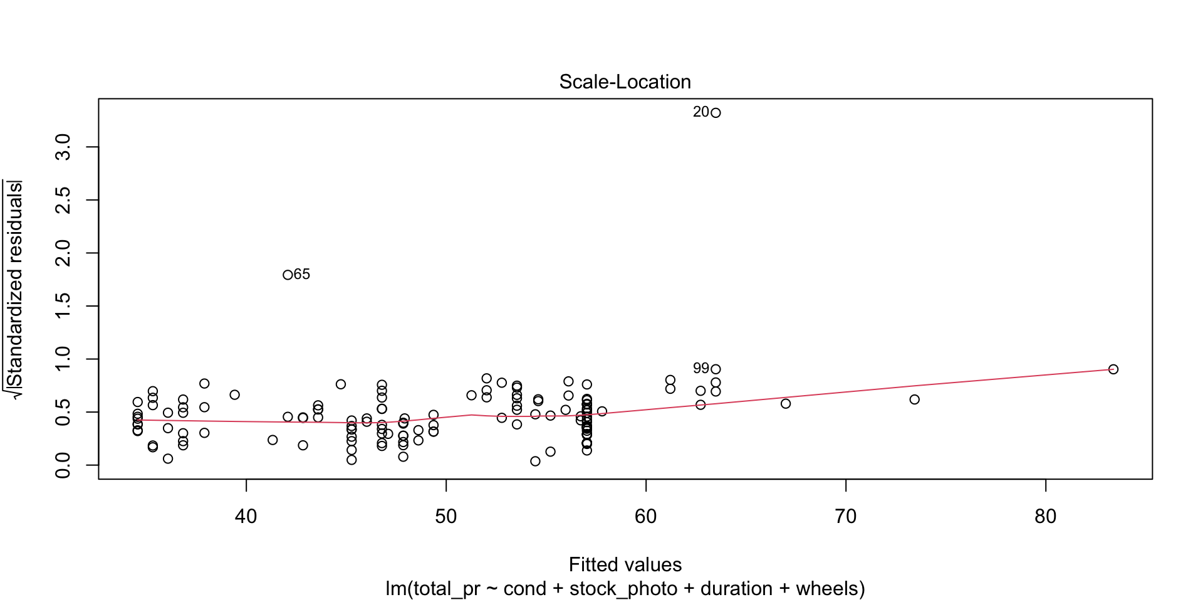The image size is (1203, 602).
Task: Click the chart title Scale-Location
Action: tap(625, 82)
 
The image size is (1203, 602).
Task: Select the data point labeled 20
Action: tap(716, 113)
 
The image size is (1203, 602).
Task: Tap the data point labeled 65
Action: tap(288, 275)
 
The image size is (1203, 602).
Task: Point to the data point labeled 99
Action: tap(716, 369)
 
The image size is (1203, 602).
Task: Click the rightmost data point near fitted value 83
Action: tap(1113, 369)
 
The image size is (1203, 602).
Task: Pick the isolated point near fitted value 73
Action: tap(914, 399)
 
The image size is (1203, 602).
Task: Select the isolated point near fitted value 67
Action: tap(786, 404)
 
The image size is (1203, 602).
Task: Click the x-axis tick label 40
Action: tap(246, 517)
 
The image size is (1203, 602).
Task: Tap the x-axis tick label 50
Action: tap(446, 517)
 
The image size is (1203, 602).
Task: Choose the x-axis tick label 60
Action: tap(646, 517)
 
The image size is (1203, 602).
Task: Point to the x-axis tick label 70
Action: tap(846, 517)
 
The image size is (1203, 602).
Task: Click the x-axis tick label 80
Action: tap(1046, 517)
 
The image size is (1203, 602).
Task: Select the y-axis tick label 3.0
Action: tap(63, 147)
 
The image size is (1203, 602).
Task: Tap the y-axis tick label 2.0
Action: tap(63, 253)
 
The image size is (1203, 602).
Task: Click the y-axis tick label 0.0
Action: tap(63, 465)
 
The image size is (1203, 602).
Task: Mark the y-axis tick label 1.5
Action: tap(63, 306)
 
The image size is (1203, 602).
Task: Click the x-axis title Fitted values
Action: tap(625, 565)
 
